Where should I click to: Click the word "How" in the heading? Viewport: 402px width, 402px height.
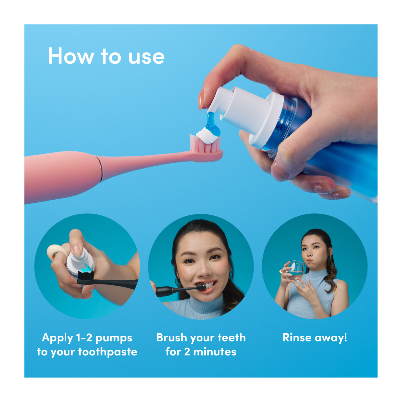[x=71, y=56]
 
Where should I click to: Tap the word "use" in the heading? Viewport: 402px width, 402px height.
[x=146, y=57]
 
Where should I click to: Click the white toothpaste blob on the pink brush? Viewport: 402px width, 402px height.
[x=207, y=136]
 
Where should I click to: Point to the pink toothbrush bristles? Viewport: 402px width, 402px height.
[x=205, y=144]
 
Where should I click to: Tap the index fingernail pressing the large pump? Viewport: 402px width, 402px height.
[x=201, y=99]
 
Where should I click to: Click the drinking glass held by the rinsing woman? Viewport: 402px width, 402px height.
[x=294, y=270]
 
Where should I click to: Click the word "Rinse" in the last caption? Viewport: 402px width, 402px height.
[x=297, y=337]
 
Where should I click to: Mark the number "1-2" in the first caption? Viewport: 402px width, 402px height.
[x=84, y=338]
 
